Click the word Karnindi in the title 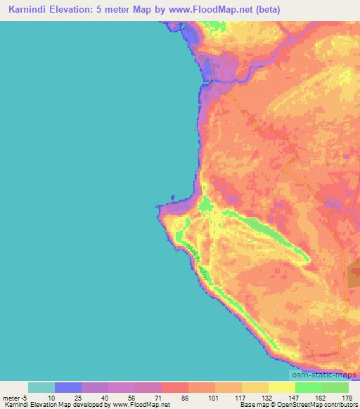[x=26, y=9]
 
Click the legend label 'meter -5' [x=15, y=397]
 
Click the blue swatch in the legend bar [x=68, y=387]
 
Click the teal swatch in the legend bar [x=41, y=387]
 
